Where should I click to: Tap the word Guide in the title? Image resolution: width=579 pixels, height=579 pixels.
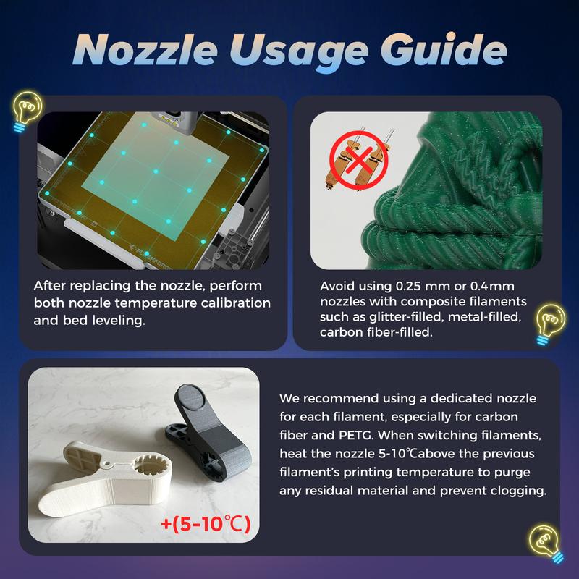(x=444, y=49)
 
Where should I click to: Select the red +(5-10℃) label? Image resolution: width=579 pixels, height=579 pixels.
(x=206, y=523)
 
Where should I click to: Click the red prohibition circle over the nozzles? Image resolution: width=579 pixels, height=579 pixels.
(x=358, y=160)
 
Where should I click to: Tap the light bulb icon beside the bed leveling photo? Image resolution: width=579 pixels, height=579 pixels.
(x=27, y=111)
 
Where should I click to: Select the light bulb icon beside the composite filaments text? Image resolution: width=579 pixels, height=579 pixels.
(x=550, y=324)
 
